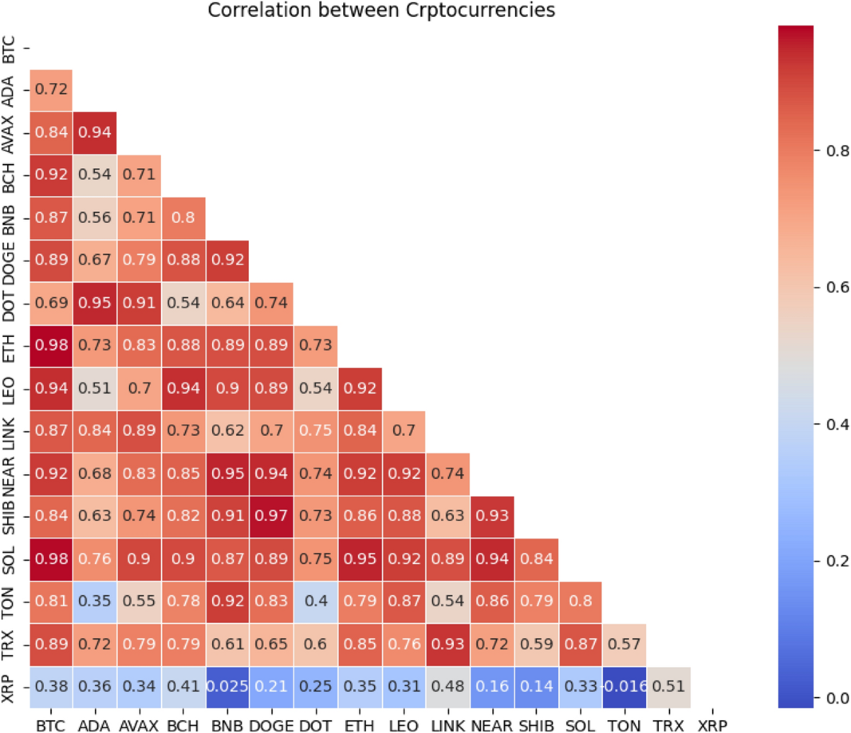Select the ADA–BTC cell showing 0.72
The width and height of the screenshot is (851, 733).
(x=51, y=90)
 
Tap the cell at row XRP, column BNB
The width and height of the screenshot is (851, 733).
(x=228, y=687)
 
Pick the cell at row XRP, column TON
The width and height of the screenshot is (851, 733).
(x=624, y=687)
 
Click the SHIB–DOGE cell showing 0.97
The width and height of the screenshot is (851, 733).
(x=272, y=516)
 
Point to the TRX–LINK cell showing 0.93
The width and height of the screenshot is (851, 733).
(x=447, y=644)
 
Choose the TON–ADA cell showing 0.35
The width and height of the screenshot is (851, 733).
(x=95, y=602)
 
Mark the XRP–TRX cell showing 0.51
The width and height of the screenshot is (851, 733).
(x=668, y=687)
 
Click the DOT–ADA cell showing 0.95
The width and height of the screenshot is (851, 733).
(x=95, y=303)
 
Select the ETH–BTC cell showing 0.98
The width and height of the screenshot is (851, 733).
(x=51, y=346)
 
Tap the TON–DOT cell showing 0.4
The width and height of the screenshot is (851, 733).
(x=316, y=602)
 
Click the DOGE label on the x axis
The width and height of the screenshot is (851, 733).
(x=272, y=725)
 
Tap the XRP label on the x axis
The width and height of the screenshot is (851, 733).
(x=712, y=725)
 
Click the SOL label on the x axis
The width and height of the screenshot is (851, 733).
(x=580, y=725)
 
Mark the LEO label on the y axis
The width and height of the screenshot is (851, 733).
(x=9, y=389)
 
